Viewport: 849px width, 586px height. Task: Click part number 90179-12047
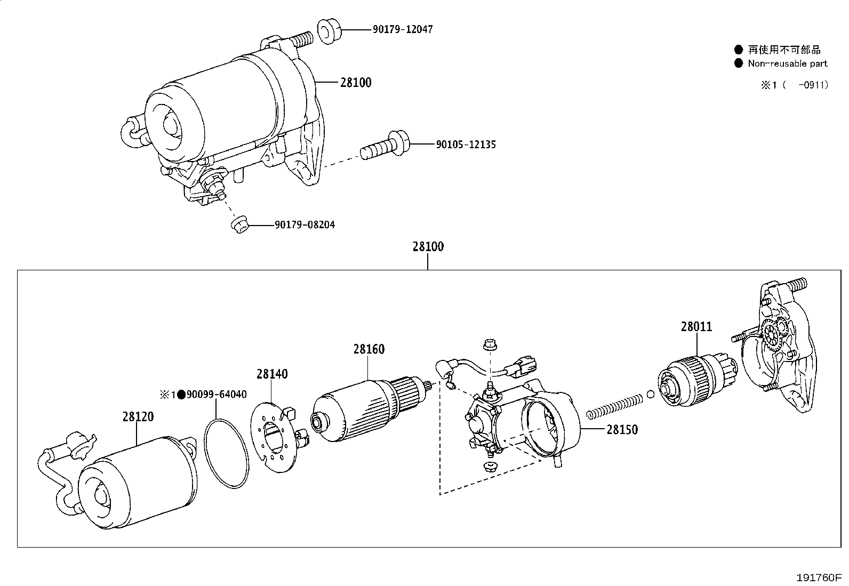(402, 29)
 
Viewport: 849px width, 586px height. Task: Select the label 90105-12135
(466, 145)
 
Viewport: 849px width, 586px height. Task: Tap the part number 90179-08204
(305, 225)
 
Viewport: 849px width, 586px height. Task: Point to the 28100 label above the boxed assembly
(428, 247)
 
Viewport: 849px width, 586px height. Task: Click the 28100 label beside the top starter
(356, 83)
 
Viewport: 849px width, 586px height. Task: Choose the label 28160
(369, 349)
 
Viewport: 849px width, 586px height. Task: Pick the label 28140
(271, 374)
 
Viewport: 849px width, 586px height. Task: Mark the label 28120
(138, 416)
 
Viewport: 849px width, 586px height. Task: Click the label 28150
(622, 429)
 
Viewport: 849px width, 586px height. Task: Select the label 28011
(696, 326)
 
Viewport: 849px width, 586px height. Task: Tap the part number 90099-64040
(216, 395)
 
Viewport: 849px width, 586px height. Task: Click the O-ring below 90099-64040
(227, 453)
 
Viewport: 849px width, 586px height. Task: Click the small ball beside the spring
(650, 395)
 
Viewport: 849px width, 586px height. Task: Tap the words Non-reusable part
(787, 63)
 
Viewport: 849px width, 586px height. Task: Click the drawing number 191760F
(819, 577)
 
